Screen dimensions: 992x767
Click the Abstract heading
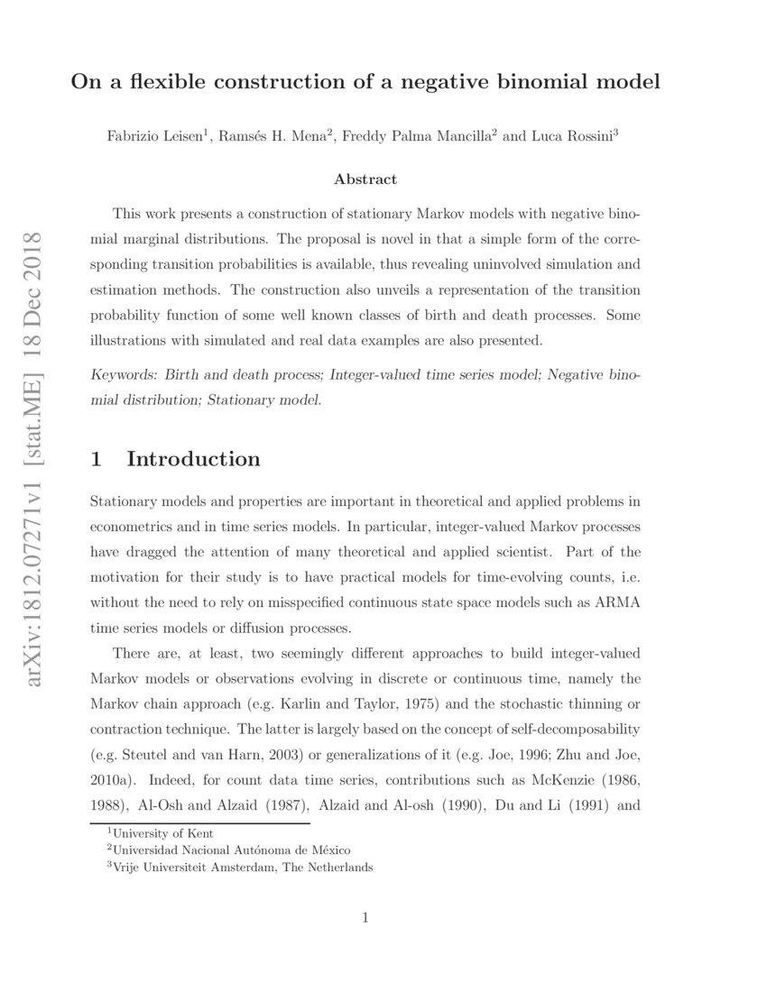(x=365, y=179)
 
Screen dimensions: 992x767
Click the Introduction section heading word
(x=193, y=459)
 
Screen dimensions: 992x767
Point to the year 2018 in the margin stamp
(x=35, y=261)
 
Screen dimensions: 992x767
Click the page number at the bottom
(x=365, y=919)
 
